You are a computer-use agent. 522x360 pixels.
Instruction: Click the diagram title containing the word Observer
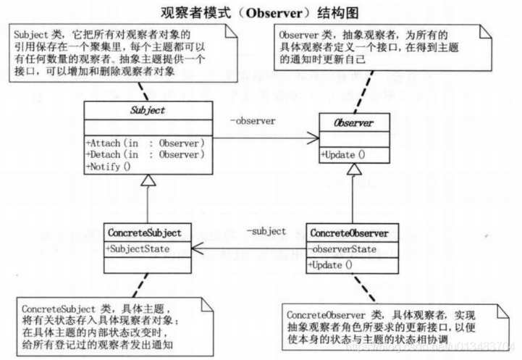coord(261,12)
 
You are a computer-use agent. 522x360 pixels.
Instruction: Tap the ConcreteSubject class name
coord(149,233)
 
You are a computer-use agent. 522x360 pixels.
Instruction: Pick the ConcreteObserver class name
coord(349,233)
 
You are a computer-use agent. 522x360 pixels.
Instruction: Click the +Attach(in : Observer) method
coord(146,142)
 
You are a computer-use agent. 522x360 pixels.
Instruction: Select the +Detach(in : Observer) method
coord(146,154)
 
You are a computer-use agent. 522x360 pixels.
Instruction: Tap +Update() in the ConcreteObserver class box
coord(330,264)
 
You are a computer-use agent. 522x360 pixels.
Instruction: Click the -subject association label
coord(266,231)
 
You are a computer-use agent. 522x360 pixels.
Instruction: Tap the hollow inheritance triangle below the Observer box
coord(353,170)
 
